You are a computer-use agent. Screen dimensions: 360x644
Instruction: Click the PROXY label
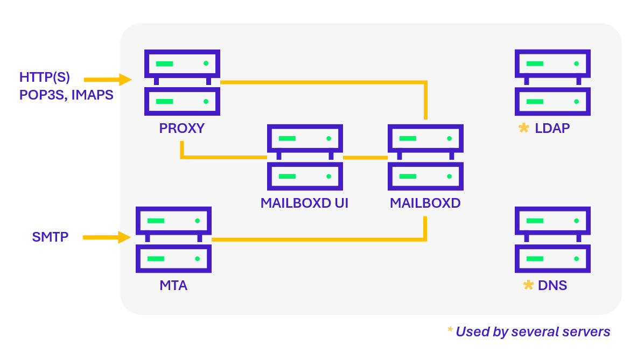click(x=182, y=129)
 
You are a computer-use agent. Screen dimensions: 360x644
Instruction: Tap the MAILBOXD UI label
click(x=304, y=204)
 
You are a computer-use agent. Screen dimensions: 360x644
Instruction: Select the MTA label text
click(x=173, y=285)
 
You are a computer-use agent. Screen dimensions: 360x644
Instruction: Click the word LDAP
click(x=552, y=129)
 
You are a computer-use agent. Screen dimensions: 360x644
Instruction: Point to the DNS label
click(x=552, y=285)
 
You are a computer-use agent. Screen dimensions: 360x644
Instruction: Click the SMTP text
click(x=50, y=237)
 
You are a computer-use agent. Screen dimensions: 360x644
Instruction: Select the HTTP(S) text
click(x=45, y=77)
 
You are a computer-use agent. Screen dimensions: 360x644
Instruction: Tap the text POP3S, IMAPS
click(x=66, y=95)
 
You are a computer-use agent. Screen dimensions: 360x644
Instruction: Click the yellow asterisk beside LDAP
click(x=523, y=128)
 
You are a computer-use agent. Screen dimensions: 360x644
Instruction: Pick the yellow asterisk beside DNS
click(x=528, y=285)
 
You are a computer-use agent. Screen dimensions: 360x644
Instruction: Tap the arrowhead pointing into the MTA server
click(x=124, y=237)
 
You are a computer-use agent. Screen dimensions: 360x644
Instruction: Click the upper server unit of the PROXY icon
click(x=182, y=63)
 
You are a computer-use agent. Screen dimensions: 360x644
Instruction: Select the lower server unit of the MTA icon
click(x=173, y=259)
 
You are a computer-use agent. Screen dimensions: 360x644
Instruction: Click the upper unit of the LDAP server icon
click(x=552, y=63)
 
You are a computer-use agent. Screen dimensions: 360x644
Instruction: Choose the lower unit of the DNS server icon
click(x=552, y=259)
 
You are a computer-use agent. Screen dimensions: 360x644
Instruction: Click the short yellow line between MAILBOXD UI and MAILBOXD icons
click(x=365, y=158)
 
